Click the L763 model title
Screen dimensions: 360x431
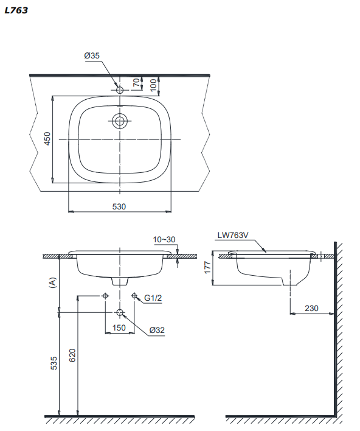[16, 10]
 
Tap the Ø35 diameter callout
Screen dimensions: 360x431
[92, 56]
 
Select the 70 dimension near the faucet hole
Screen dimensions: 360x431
[136, 82]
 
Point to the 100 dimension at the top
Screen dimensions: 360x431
[154, 85]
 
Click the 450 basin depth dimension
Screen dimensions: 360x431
[47, 139]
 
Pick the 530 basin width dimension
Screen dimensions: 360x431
[119, 206]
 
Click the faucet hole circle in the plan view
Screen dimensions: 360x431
[120, 90]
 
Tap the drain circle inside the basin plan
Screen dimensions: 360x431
[120, 121]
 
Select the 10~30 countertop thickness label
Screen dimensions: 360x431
[164, 240]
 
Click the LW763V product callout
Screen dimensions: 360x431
[233, 236]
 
